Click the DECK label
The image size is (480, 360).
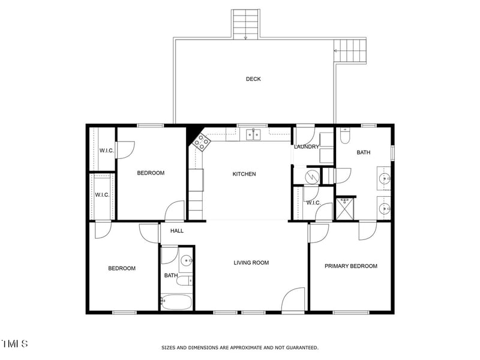point(253,79)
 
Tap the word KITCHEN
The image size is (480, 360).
point(244,174)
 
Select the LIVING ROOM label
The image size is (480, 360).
point(251,262)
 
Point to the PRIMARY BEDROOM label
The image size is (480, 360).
point(351,266)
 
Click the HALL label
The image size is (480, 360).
point(177,230)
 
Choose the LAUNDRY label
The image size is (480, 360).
point(306,147)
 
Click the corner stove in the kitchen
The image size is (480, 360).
point(201,142)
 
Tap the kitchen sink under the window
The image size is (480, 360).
point(253,135)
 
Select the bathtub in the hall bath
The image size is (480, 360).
point(178,302)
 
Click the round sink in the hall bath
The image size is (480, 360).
point(187,260)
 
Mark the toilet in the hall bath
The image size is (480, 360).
point(188,280)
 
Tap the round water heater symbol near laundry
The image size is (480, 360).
point(312,176)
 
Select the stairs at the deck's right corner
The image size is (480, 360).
point(351,50)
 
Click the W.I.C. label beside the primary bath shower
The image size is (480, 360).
point(313,203)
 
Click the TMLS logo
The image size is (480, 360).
point(14,344)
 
